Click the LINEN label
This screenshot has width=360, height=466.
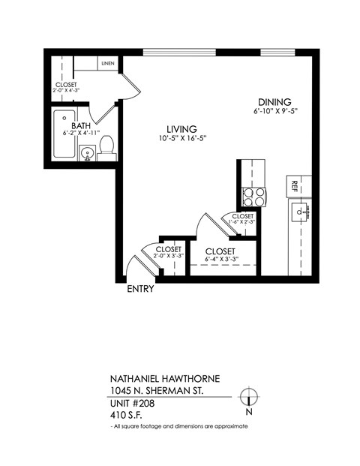pos(107,65)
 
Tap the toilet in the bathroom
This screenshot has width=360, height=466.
pos(106,146)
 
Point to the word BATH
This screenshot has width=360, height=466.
pos(81,125)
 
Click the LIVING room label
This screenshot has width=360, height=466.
pos(181,128)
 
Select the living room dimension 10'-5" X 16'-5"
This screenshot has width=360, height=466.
pos(181,139)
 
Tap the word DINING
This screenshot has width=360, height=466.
pos(274,103)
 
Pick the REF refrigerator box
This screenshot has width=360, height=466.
pos(295,185)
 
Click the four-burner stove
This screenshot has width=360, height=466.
pos(253,196)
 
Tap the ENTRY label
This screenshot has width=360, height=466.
pos(140,289)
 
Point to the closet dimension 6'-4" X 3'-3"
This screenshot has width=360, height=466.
pos(220,260)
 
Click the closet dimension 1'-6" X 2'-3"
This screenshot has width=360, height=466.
pos(243,222)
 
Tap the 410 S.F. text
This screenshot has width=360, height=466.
pos(125,414)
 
